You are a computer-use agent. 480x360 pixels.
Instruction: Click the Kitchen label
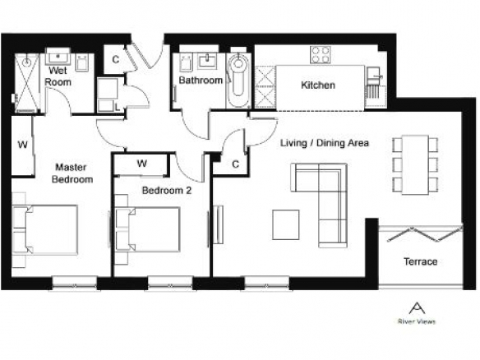(x=318, y=85)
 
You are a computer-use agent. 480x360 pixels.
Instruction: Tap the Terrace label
(x=420, y=261)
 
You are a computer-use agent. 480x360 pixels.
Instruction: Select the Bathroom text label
(x=201, y=81)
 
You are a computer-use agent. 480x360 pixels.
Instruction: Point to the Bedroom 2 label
(x=167, y=191)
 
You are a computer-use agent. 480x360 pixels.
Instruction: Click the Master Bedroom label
(x=72, y=173)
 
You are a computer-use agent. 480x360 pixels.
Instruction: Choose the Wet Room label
(x=58, y=76)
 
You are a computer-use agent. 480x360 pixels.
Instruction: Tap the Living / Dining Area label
(x=325, y=143)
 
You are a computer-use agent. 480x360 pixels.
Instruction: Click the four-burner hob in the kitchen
(x=320, y=55)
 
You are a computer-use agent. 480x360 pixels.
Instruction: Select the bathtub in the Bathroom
(x=239, y=80)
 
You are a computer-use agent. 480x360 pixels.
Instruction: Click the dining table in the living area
(x=415, y=164)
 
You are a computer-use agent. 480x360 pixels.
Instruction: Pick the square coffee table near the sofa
(x=286, y=224)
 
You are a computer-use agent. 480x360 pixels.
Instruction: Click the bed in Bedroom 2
(x=148, y=229)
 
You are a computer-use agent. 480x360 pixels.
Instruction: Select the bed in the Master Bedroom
(x=45, y=229)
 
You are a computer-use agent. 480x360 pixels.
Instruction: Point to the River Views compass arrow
(x=417, y=308)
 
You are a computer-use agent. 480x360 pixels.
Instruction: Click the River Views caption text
(x=417, y=321)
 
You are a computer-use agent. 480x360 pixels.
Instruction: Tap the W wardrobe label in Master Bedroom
(x=23, y=145)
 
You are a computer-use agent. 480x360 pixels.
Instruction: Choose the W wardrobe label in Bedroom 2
(x=141, y=164)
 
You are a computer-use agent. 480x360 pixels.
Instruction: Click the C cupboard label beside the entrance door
(x=115, y=59)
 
